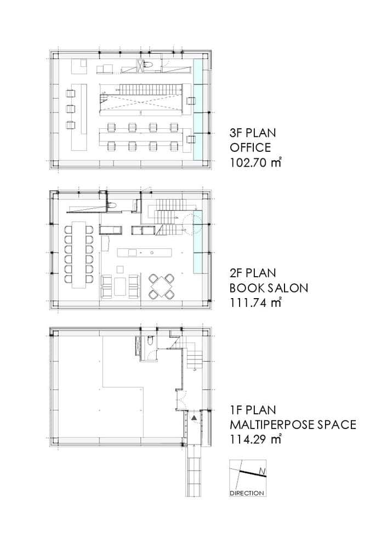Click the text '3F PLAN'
pos(252,133)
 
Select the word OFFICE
pos(250,147)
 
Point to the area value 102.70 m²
pos(255,162)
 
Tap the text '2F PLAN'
pos(252,273)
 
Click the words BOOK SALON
pos(269,288)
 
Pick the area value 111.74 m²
pos(255,302)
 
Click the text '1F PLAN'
pos(252,409)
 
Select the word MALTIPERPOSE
pos(272,424)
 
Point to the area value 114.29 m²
pos(255,438)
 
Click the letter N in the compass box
pos(260,472)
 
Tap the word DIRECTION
pos(247,493)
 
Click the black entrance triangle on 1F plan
pos(195,417)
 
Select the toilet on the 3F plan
pos(147,65)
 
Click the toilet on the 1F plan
pos(150,340)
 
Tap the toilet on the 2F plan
pos(111,206)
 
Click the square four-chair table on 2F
pos(162,286)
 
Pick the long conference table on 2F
pos(79,254)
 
